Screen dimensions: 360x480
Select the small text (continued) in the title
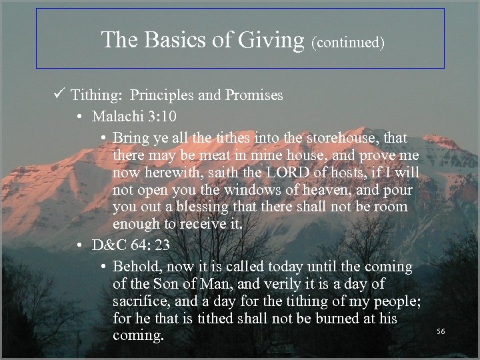(348, 43)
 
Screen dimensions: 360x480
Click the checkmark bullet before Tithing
(61, 95)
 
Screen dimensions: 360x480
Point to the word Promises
(253, 95)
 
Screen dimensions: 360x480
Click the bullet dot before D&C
(79, 245)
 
